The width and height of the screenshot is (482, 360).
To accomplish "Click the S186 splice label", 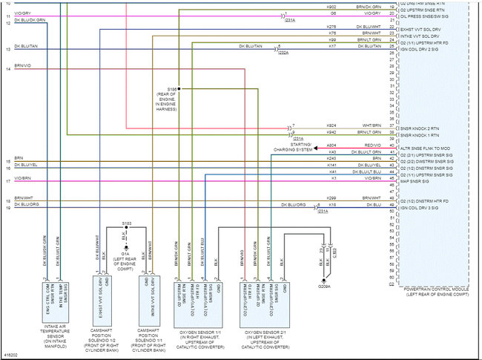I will click(x=173, y=88).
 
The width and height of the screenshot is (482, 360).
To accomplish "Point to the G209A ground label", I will click(x=325, y=285).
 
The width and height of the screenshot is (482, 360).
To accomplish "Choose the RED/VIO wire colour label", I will click(x=372, y=145).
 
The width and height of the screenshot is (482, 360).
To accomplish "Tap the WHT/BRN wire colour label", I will click(x=372, y=125).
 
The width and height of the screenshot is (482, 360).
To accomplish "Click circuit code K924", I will click(x=331, y=125).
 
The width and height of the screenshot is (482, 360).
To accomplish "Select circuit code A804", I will click(x=331, y=145).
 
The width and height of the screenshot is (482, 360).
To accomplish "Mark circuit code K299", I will click(x=331, y=197).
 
